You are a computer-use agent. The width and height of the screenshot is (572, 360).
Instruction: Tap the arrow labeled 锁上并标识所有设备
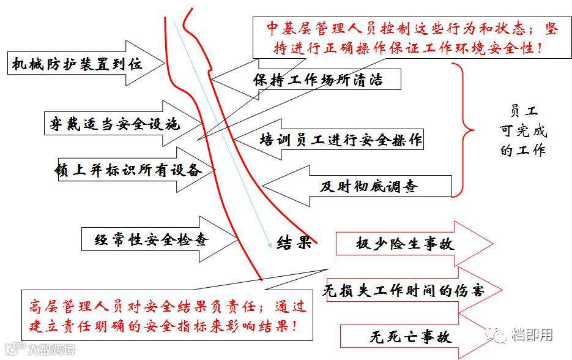128,170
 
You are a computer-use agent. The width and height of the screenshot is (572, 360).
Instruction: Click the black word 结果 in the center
294,243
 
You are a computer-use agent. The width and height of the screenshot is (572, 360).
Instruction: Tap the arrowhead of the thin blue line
269,246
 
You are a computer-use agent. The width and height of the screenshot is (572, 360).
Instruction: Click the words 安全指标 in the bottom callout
174,324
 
